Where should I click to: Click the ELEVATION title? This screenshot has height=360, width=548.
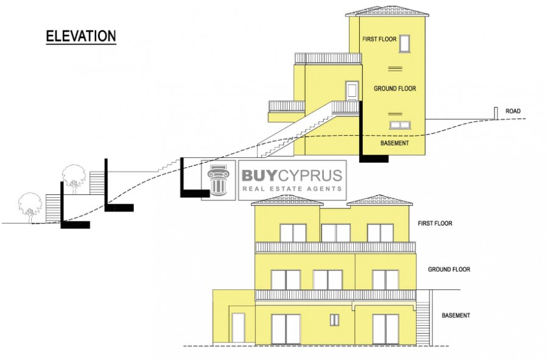(81, 36)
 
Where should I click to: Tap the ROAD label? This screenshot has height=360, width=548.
(513, 111)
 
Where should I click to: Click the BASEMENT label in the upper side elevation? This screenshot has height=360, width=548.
(395, 143)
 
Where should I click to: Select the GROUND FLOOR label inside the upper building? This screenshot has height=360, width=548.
(395, 88)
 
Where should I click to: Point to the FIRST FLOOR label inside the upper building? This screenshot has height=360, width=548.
(379, 39)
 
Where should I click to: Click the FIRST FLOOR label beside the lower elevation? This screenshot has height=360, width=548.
(435, 223)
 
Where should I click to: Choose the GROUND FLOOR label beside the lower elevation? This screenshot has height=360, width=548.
(449, 269)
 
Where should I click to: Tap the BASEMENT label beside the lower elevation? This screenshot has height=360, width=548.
(455, 316)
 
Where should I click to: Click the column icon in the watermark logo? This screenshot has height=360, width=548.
(219, 180)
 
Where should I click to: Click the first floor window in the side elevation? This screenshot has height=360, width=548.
(405, 44)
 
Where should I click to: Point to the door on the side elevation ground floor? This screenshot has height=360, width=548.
(352, 91)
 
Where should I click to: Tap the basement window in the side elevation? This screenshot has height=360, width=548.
(400, 125)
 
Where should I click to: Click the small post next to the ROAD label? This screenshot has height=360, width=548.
(496, 113)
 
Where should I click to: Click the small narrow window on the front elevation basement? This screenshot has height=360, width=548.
(334, 320)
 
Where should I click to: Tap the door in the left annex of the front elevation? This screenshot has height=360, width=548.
(238, 328)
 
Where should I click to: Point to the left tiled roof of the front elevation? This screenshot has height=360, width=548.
(287, 200)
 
